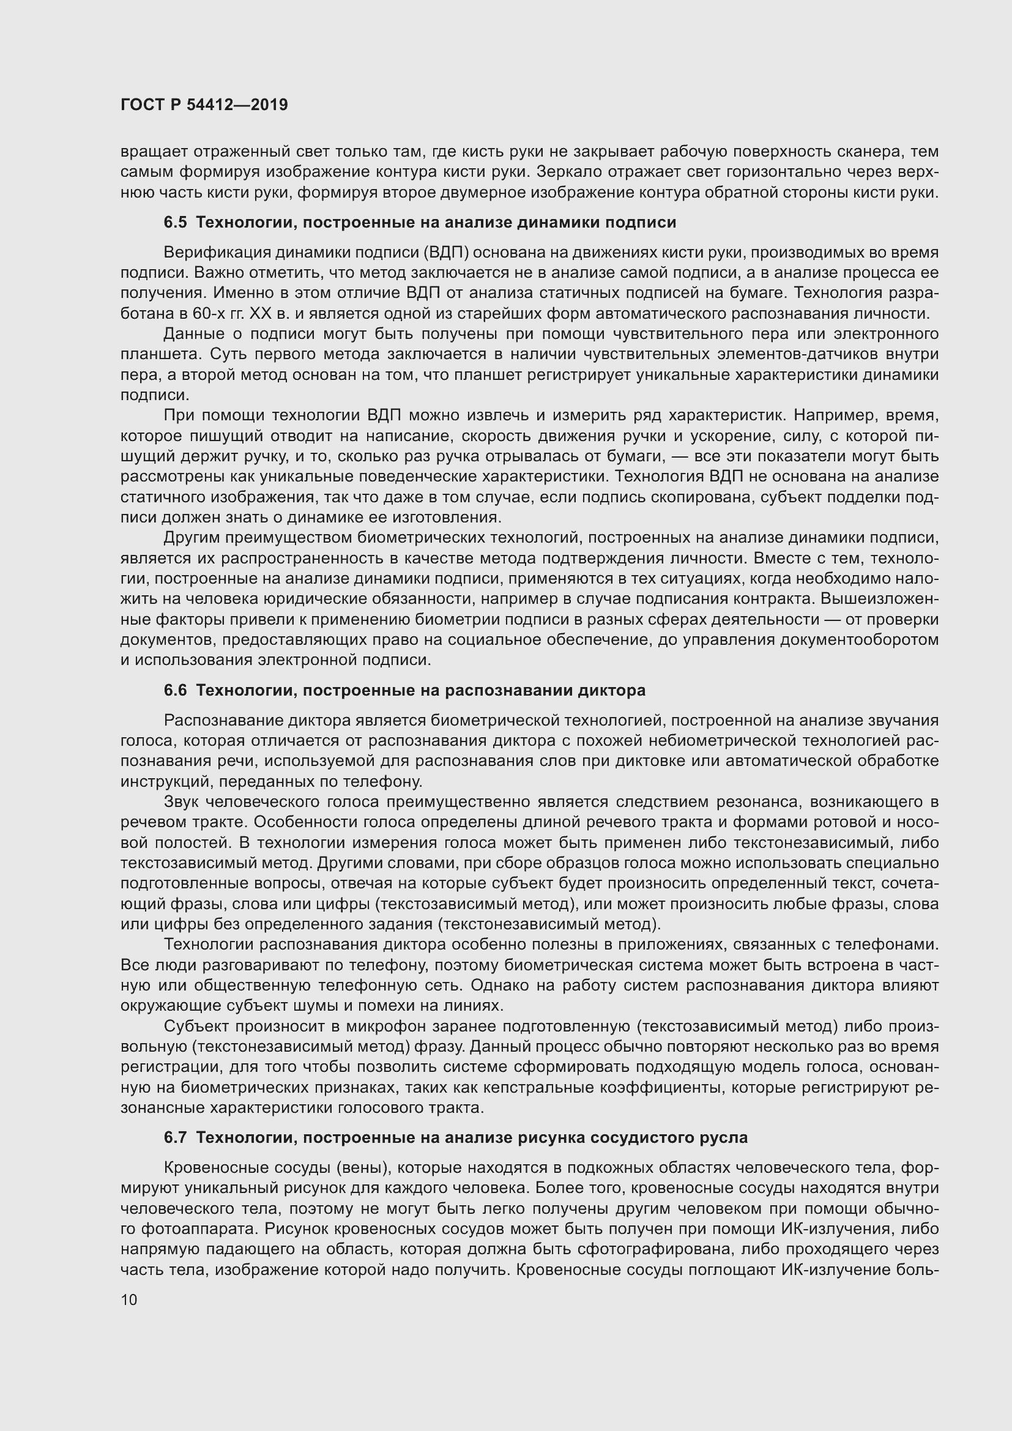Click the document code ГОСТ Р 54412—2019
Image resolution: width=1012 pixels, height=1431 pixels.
204,105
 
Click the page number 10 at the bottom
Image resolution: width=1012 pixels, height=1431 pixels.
129,1299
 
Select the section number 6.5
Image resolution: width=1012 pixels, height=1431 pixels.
175,223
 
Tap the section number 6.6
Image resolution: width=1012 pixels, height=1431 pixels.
175,690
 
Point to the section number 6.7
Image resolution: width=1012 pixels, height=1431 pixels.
175,1137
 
